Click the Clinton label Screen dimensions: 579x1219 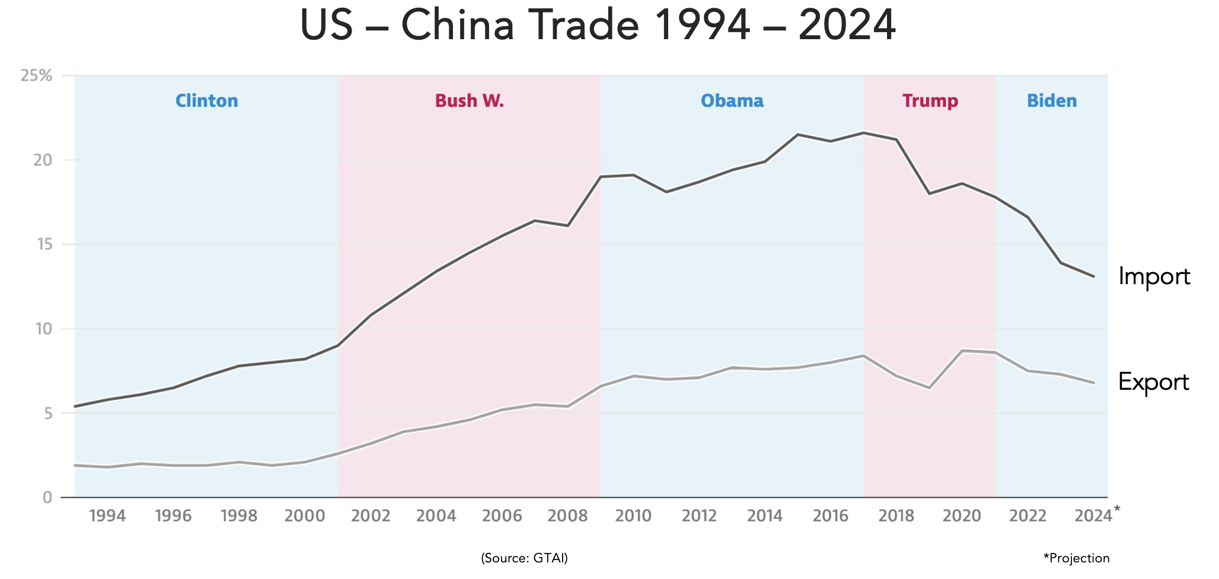[206, 101]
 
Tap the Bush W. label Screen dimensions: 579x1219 [470, 101]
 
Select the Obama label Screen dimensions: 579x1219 [732, 101]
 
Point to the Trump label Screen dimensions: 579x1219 [930, 101]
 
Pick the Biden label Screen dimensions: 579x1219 [1052, 101]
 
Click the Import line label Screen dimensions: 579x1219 [1154, 277]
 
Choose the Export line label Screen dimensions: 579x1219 [1153, 383]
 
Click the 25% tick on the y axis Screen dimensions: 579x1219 [37, 76]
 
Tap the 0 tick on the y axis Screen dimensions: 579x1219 [47, 497]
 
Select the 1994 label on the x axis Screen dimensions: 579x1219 [107, 516]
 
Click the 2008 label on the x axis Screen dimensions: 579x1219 [567, 516]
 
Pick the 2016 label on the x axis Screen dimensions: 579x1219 [831, 516]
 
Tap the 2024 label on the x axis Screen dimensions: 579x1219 [1093, 516]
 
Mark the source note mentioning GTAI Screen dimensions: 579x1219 [524, 558]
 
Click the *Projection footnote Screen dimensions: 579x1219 [1076, 558]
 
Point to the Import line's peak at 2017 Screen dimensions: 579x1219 [864, 132]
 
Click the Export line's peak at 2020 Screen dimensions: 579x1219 [962, 351]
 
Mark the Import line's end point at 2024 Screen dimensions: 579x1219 [1093, 276]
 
